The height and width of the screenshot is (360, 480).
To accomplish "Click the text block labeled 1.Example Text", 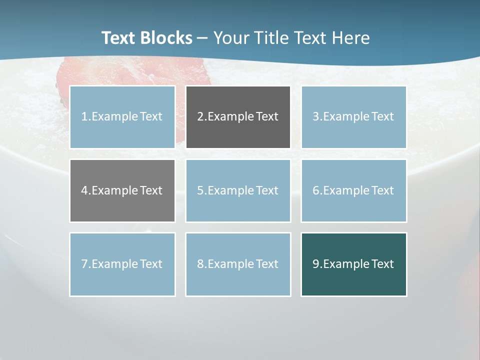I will pyautogui.click(x=122, y=117).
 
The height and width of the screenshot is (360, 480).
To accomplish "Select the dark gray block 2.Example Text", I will pyautogui.click(x=238, y=117).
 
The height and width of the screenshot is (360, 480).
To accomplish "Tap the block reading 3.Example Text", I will pyautogui.click(x=353, y=117).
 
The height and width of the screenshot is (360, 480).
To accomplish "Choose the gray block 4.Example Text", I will pyautogui.click(x=122, y=190).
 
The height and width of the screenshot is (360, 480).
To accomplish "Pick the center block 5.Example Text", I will pyautogui.click(x=238, y=190).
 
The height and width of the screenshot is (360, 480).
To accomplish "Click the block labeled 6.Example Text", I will pyautogui.click(x=353, y=190).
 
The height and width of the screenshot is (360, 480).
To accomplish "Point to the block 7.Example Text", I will pyautogui.click(x=122, y=264).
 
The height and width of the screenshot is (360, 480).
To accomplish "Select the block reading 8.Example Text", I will pyautogui.click(x=238, y=264).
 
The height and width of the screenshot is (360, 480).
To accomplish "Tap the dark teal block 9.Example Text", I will pyautogui.click(x=353, y=264).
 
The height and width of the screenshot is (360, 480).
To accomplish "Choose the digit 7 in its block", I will pyautogui.click(x=84, y=264).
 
